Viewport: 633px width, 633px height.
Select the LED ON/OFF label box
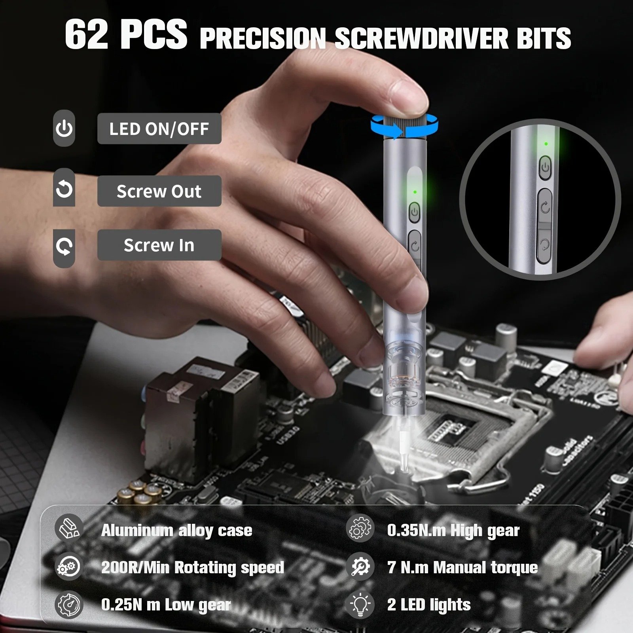pyautogui.click(x=159, y=129)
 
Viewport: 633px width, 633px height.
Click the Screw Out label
pyautogui.click(x=159, y=191)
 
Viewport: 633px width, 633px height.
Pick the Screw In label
pyautogui.click(x=159, y=245)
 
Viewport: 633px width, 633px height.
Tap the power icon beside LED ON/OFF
pyautogui.click(x=64, y=129)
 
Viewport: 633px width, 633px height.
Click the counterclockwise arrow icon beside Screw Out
pyautogui.click(x=64, y=188)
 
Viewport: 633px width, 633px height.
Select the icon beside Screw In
pyautogui.click(x=64, y=247)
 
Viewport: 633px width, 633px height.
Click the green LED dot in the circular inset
pyautogui.click(x=546, y=144)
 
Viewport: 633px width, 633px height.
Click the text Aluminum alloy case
pyautogui.click(x=176, y=531)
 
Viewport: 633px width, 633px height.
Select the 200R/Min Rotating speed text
pyautogui.click(x=193, y=568)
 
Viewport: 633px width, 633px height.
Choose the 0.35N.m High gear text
pyautogui.click(x=453, y=531)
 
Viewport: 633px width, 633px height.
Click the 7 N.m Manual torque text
pyautogui.click(x=462, y=568)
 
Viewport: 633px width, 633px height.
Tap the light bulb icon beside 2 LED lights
pyautogui.click(x=360, y=605)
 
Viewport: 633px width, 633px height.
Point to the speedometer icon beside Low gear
pyautogui.click(x=69, y=605)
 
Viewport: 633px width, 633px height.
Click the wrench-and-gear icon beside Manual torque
pyautogui.click(x=360, y=567)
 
